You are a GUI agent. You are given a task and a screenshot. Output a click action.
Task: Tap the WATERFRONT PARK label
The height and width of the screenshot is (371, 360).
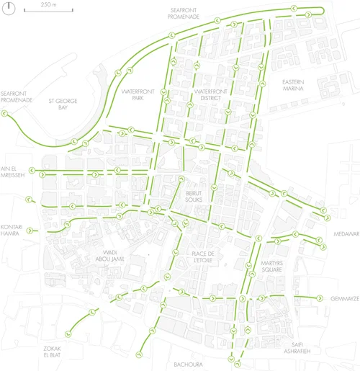[135, 96]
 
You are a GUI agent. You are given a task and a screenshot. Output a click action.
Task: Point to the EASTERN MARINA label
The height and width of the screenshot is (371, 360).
[294, 85]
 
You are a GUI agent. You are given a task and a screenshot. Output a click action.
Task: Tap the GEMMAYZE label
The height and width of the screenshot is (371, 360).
[343, 298]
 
